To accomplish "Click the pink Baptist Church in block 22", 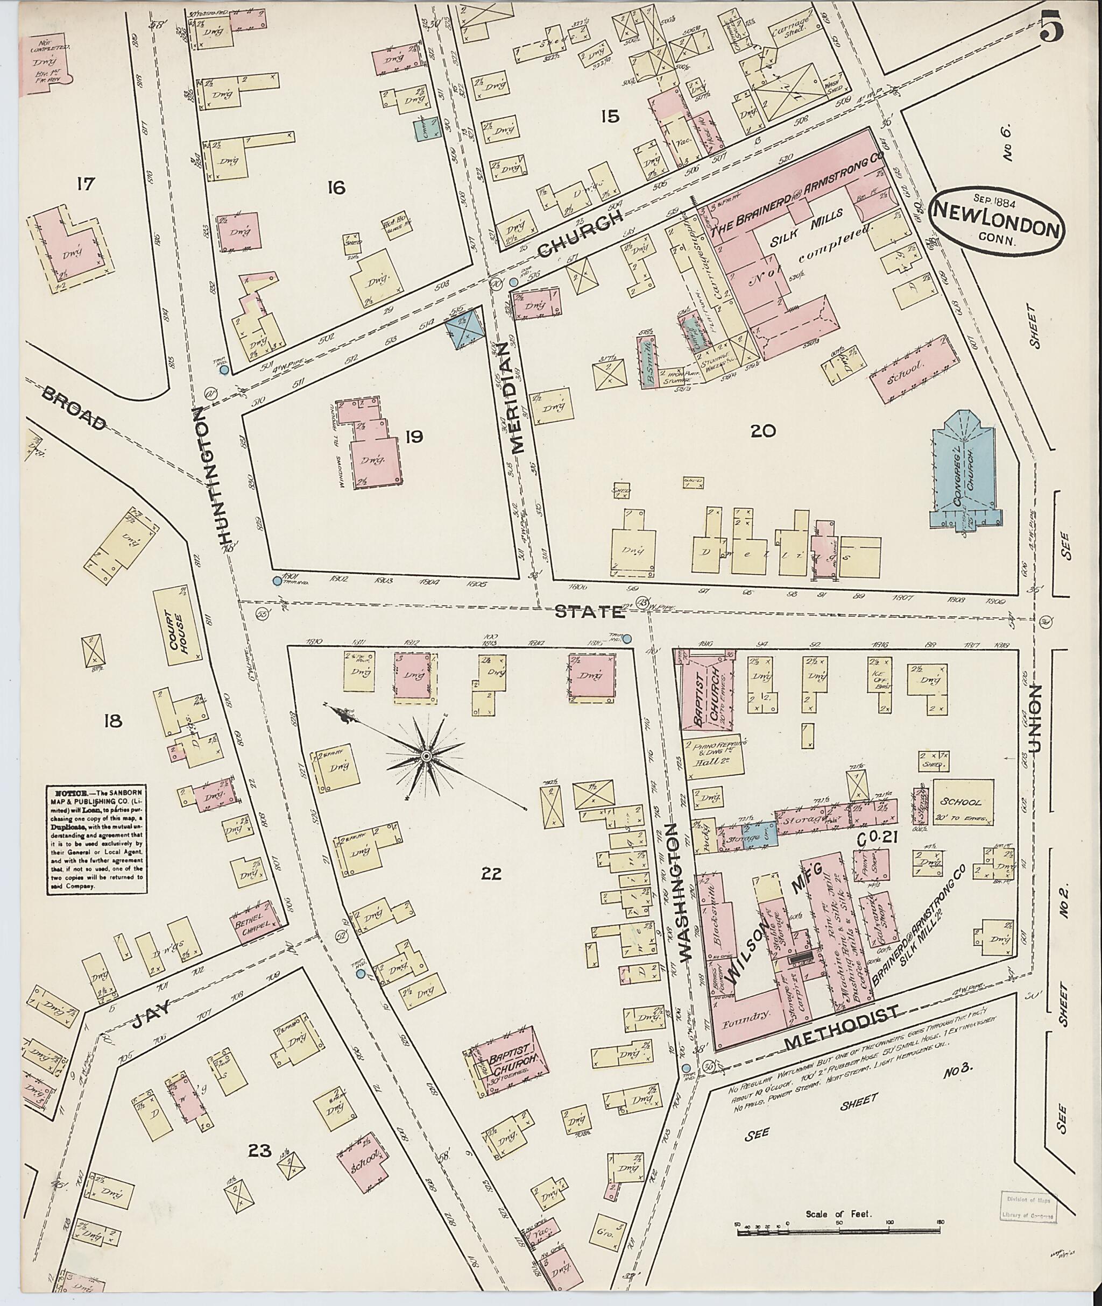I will (x=508, y=1061).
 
